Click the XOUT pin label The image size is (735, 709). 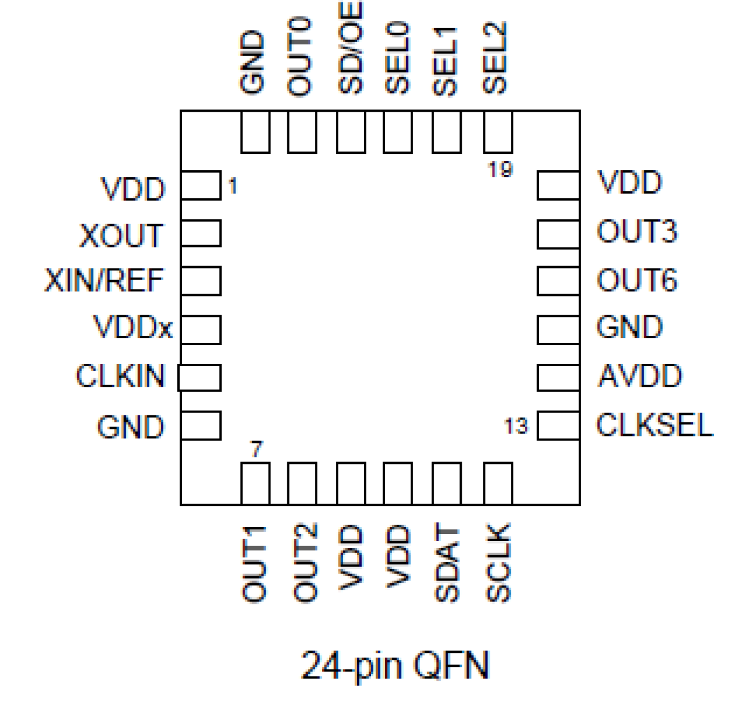(121, 236)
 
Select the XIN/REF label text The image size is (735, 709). (104, 281)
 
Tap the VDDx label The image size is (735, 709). (133, 327)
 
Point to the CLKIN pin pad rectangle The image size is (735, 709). (200, 377)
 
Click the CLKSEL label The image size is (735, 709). (655, 425)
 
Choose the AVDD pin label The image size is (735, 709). (640, 376)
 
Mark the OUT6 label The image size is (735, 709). (637, 280)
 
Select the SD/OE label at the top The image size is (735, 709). (351, 48)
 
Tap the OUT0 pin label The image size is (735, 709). (300, 57)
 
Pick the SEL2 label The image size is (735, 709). (495, 58)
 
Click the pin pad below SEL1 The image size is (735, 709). (447, 132)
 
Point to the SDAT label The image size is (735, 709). (447, 563)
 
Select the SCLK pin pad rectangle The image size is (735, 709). (498, 483)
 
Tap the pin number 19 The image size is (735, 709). (500, 170)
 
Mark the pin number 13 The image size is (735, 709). (516, 426)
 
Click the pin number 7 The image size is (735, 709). (256, 449)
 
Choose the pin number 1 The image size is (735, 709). (233, 187)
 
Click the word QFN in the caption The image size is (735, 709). (451, 666)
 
